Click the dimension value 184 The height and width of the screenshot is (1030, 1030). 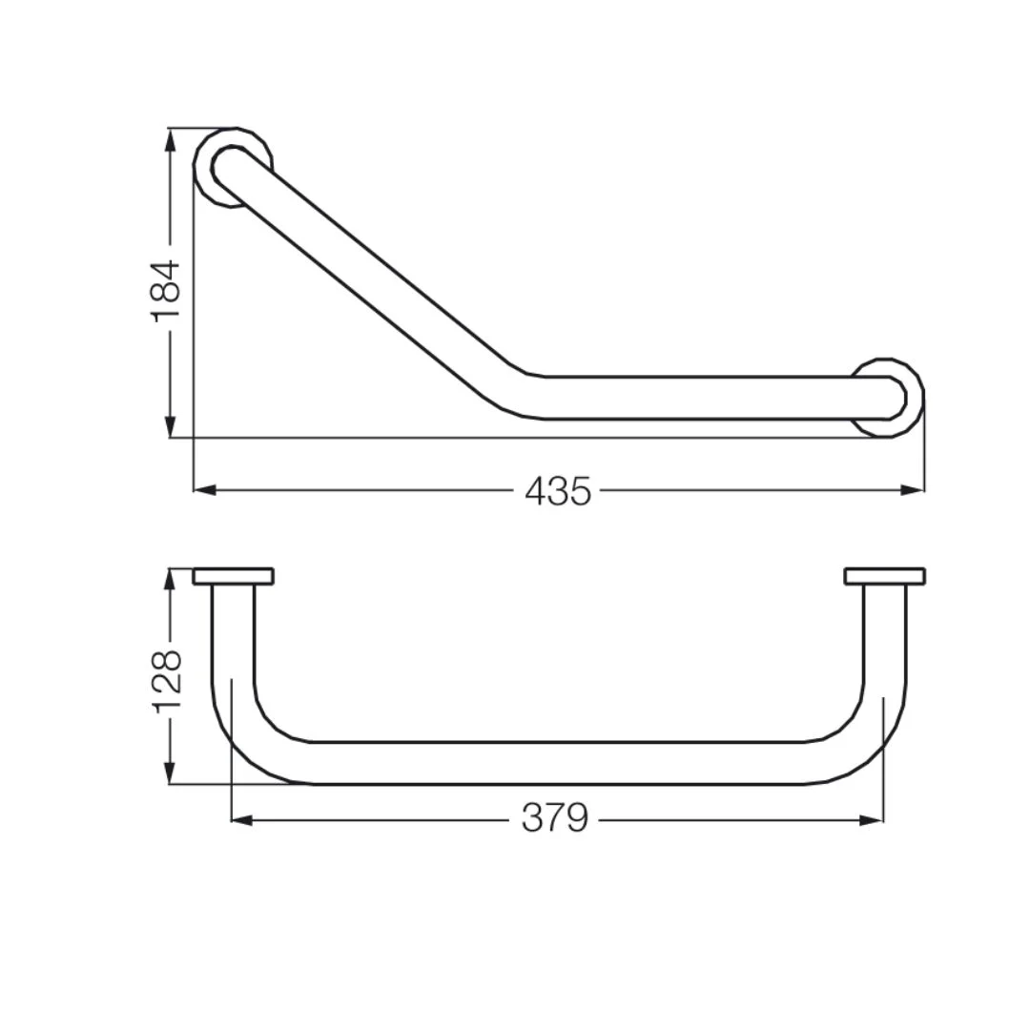click(166, 290)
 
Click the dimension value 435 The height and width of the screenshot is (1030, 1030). click(558, 491)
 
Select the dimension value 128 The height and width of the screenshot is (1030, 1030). click(166, 681)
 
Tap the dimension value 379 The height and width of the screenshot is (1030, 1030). click(555, 819)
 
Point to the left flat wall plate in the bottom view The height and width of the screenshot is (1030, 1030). click(234, 576)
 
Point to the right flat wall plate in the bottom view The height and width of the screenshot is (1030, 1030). click(885, 576)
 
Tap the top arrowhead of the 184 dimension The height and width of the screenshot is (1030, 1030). click(170, 139)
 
